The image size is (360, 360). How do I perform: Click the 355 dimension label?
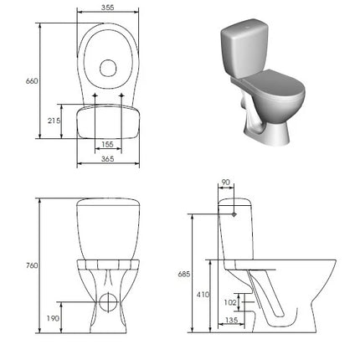108,8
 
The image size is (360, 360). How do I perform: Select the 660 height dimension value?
32,81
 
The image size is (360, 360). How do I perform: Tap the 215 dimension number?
54,121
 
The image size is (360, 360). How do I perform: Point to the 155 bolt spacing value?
108,144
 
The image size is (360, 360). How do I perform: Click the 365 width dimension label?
108,159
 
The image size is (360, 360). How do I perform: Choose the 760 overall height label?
32,265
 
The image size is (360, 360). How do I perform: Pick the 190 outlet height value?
53,318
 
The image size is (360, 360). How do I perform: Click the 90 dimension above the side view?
225,183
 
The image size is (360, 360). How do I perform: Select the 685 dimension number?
184,274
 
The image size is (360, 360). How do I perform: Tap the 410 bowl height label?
203,294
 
